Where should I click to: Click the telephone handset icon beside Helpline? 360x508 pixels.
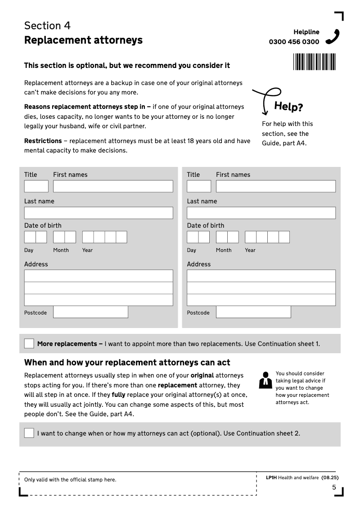333,37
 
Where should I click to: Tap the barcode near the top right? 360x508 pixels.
315,62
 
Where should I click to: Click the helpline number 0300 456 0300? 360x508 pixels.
294,42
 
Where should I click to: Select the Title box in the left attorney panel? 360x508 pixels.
36,186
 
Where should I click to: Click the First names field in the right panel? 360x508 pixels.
275,186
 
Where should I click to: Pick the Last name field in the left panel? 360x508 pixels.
98,213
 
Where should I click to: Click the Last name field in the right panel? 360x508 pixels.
261,213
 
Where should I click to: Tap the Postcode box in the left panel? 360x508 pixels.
90,312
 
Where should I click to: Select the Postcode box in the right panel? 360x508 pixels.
253,312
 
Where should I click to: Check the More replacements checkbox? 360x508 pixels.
29,344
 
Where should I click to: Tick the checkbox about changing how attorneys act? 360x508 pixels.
29,433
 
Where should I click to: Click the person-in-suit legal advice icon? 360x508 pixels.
266,380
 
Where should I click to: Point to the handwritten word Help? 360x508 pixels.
288,107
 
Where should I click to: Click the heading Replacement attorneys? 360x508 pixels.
83,40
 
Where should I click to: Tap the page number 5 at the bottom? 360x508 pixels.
334,487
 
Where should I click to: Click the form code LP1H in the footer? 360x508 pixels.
271,477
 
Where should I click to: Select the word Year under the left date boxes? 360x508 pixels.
87,250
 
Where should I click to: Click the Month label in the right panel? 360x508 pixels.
224,250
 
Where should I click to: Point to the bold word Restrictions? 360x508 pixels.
43,141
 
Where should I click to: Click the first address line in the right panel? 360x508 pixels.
261,276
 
